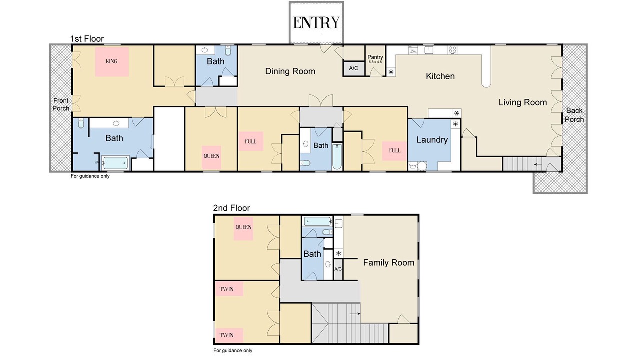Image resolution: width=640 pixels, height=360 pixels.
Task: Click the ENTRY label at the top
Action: pos(316,23)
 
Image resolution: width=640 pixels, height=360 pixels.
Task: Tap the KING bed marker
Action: pos(111,62)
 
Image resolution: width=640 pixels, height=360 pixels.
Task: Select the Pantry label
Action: pos(375,57)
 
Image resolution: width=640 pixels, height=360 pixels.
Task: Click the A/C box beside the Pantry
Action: pos(353,68)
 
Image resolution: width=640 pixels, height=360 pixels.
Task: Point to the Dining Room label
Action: pos(290,71)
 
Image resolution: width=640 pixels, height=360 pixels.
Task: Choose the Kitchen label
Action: pos(440,76)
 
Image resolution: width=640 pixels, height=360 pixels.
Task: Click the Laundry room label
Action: pos(432,140)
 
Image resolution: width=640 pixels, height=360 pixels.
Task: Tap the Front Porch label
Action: pos(61,104)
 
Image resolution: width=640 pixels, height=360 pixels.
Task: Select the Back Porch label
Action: pos(574,115)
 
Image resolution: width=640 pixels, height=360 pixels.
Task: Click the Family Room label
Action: pos(389,263)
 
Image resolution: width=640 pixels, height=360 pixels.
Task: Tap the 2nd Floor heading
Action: pos(231,208)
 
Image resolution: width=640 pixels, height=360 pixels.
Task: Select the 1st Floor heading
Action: pos(87,39)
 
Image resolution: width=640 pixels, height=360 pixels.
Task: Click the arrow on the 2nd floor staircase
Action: pos(355,313)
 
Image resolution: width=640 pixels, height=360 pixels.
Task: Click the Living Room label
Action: pos(523,102)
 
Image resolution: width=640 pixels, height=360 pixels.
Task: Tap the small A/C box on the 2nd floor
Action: pos(338,269)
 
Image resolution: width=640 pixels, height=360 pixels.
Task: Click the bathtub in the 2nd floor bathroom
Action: pos(317,221)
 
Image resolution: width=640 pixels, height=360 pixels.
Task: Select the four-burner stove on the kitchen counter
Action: pos(452,50)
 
